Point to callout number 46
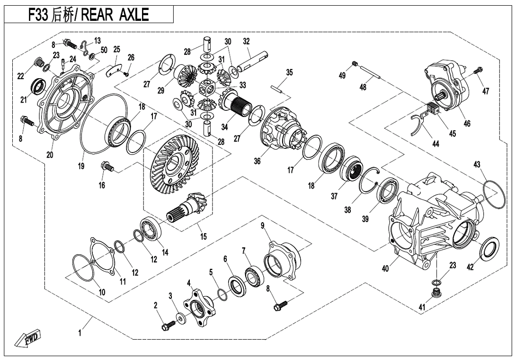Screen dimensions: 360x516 (x=467, y=124)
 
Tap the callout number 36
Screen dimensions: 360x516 (x=257, y=162)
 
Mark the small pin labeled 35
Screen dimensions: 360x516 (x=279, y=89)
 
